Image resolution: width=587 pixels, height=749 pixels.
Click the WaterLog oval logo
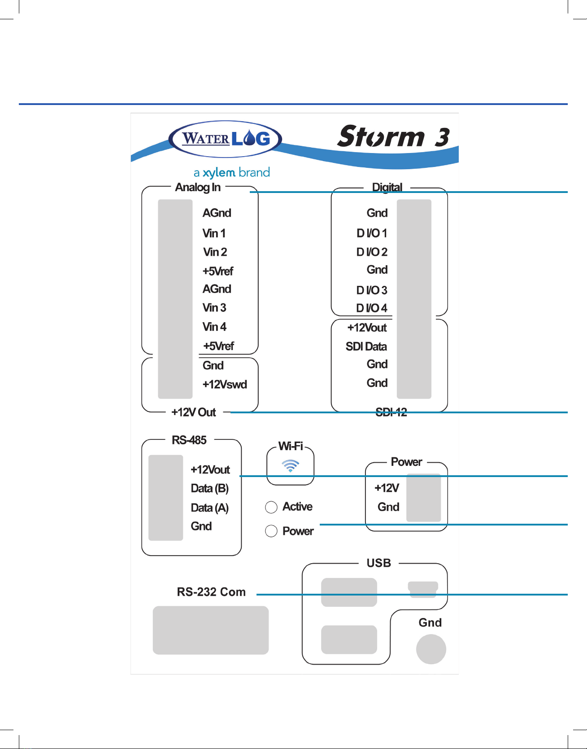[225, 139]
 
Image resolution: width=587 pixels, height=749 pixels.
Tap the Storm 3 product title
[393, 136]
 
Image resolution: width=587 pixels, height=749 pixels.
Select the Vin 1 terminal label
[214, 233]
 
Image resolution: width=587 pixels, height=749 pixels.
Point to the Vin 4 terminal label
[214, 327]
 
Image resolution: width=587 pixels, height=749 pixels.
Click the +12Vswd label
[225, 385]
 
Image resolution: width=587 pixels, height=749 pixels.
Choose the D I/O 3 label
[372, 290]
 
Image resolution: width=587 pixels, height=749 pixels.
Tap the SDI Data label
[366, 346]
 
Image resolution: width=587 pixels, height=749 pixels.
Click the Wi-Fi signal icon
[291, 466]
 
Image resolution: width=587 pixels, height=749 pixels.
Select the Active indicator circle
[271, 507]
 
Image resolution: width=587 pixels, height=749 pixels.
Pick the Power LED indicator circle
[271, 531]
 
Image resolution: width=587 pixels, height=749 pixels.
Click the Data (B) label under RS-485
[209, 488]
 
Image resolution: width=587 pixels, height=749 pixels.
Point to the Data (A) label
[209, 508]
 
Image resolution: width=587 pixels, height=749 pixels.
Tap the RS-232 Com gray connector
[211, 630]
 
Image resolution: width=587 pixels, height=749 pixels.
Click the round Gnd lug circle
[431, 649]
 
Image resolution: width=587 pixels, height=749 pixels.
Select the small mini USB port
[423, 589]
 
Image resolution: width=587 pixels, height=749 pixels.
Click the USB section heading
[379, 563]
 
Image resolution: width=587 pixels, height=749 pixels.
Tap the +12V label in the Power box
[387, 488]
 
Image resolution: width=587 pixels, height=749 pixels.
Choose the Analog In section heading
[198, 187]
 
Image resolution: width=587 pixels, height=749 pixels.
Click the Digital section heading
[387, 187]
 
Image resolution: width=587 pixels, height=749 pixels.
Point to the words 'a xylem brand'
[232, 173]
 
